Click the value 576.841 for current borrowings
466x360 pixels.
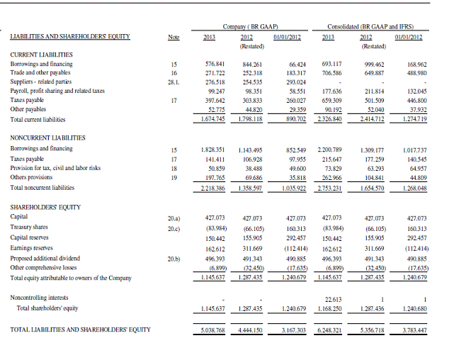(215, 64)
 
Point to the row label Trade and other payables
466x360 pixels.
(40, 72)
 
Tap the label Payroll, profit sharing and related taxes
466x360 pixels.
(57, 91)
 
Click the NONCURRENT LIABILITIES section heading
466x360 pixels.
(47, 137)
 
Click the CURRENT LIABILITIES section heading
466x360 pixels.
(41, 54)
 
